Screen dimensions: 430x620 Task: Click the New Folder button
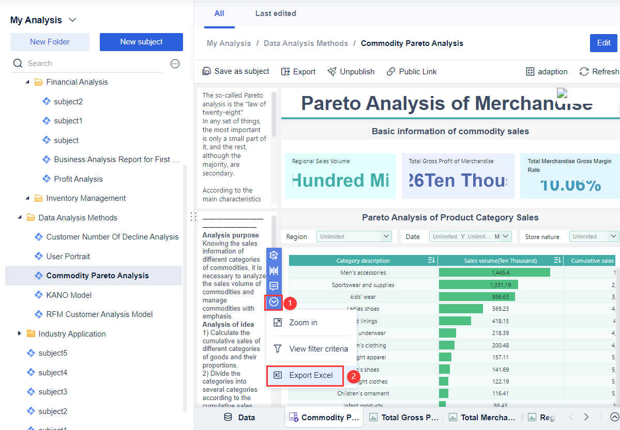50,42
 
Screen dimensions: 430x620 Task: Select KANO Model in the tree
68,295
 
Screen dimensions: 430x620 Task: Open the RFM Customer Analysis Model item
99,314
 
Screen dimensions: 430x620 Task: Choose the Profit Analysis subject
78,179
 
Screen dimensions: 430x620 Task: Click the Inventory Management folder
85,198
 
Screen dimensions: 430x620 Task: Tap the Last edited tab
276,13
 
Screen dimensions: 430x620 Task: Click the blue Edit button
603,43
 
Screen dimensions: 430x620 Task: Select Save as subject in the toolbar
236,72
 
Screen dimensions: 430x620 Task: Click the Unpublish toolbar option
351,72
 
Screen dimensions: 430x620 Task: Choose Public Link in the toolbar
412,72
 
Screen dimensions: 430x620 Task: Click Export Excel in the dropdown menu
310,375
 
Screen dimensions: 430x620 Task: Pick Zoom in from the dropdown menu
303,323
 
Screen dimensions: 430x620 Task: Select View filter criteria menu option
318,349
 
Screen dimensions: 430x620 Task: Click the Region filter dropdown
354,236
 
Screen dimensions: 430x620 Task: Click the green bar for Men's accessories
494,273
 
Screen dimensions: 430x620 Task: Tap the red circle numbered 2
354,376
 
